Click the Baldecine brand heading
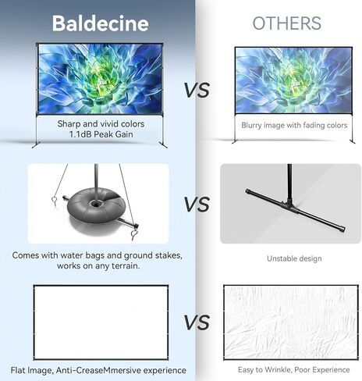coord(101,23)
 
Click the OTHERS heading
coord(287,23)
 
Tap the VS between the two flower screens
coord(197,91)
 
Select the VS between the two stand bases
coord(197,205)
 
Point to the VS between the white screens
coord(197,322)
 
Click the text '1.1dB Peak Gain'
coord(101,134)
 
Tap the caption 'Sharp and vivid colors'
coord(101,124)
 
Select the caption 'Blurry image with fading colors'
coord(294,125)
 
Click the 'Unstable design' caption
coord(294,258)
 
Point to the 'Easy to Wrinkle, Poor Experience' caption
coord(293,370)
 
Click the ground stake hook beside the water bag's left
coord(54,201)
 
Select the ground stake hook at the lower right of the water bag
coord(135,234)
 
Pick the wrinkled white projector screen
coord(291,322)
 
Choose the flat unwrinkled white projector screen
coord(101,322)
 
